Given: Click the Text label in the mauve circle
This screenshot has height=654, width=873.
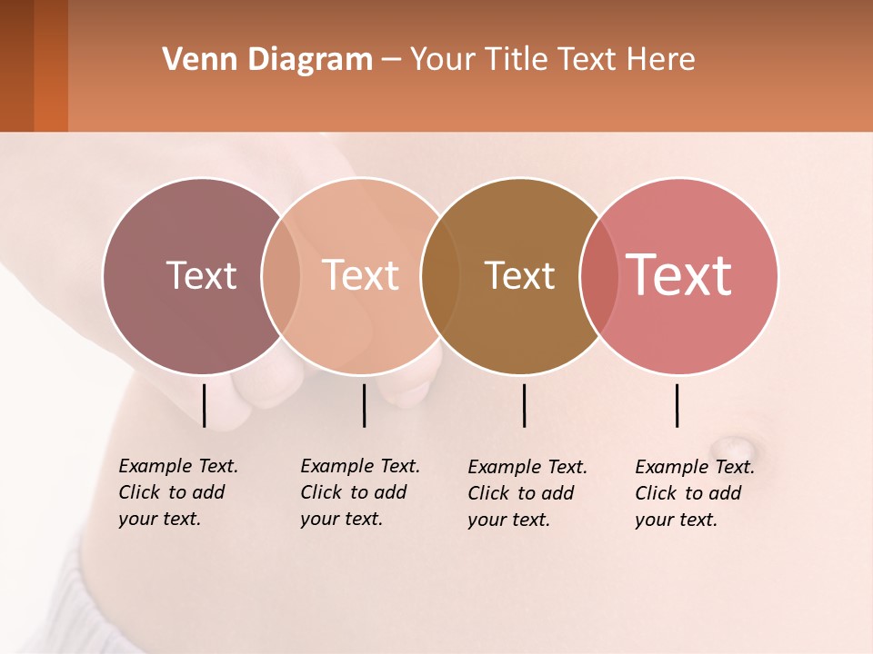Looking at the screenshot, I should pyautogui.click(x=201, y=275).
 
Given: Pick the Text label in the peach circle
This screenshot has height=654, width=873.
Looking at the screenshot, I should pyautogui.click(x=361, y=275).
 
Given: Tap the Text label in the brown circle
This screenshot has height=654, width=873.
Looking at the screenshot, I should pyautogui.click(x=519, y=275).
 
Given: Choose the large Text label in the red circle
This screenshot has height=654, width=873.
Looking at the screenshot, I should pyautogui.click(x=679, y=275).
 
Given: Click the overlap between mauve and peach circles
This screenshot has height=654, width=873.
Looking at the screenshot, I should pyautogui.click(x=281, y=275).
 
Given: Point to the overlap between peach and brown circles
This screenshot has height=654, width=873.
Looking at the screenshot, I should pyautogui.click(x=440, y=275).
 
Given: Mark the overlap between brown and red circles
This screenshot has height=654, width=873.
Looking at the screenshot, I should pyautogui.click(x=598, y=275).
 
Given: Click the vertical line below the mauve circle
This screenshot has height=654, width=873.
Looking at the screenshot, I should pyautogui.click(x=204, y=405).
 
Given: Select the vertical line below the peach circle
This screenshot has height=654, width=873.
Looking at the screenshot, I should pyautogui.click(x=364, y=405).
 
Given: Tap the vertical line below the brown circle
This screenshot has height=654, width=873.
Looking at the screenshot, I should pyautogui.click(x=524, y=405).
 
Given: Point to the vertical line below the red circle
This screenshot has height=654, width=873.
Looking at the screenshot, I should pyautogui.click(x=677, y=405).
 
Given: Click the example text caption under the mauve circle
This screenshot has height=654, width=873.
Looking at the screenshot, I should pyautogui.click(x=178, y=492).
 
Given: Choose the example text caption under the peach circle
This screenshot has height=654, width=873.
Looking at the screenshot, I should pyautogui.click(x=360, y=492).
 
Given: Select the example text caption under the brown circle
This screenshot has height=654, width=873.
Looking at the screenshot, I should pyautogui.click(x=527, y=493).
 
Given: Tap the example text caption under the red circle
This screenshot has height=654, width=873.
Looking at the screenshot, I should pyautogui.click(x=695, y=493).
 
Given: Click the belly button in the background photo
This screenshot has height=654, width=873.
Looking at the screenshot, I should pyautogui.click(x=730, y=447).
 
